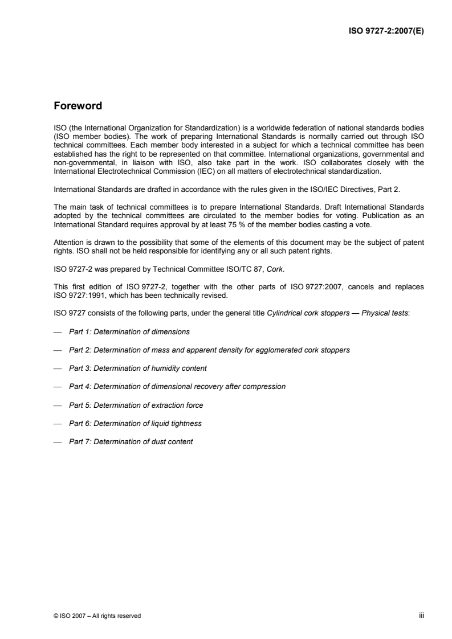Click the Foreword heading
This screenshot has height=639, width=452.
pyautogui.click(x=78, y=106)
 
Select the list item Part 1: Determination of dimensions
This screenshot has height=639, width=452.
pyautogui.click(x=129, y=331)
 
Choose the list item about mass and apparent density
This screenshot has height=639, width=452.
pyautogui.click(x=209, y=350)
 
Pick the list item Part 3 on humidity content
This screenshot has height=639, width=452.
pyautogui.click(x=137, y=368)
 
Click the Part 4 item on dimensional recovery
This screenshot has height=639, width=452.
pyautogui.click(x=177, y=386)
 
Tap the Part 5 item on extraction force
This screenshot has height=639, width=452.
pyautogui.click(x=136, y=405)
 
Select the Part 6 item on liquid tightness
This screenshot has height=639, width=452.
pyautogui.click(x=135, y=423)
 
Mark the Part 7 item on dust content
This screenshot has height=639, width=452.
pyautogui.click(x=131, y=441)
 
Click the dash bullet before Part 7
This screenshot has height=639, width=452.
pyautogui.click(x=57, y=441)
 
